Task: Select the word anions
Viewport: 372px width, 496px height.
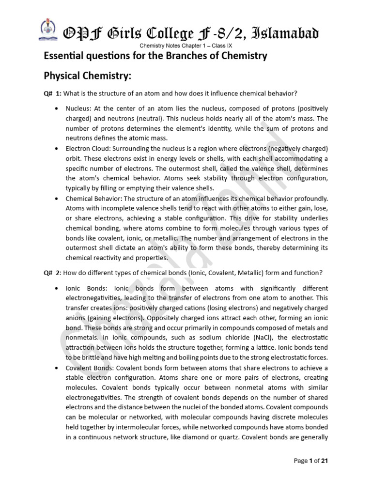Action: (x=76, y=318)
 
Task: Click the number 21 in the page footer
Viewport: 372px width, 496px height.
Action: (x=325, y=461)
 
